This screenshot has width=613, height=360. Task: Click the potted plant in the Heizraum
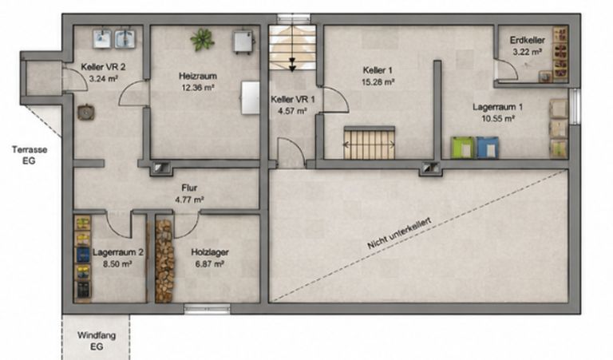[202, 39]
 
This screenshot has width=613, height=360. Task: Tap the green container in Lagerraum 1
[462, 148]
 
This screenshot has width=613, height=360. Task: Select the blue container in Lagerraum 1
[488, 148]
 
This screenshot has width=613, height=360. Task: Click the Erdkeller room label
[527, 40]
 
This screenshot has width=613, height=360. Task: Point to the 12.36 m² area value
[197, 88]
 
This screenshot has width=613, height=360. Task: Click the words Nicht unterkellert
[399, 233]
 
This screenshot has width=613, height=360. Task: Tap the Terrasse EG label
[30, 155]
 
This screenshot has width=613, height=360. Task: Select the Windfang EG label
[97, 341]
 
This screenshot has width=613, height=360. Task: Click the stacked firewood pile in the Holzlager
[164, 261]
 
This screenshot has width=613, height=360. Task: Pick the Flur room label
[190, 188]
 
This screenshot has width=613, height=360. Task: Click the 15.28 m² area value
[378, 82]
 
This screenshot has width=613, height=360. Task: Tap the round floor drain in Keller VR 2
[85, 113]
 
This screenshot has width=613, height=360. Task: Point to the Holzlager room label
[210, 252]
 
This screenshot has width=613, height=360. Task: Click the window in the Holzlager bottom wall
[208, 309]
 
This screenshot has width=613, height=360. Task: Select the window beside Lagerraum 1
[574, 106]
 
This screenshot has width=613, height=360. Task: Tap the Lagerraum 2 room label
[117, 252]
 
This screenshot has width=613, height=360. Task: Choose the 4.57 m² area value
[292, 112]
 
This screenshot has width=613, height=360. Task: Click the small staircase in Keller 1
[370, 143]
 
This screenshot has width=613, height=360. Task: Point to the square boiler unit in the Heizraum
[243, 42]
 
